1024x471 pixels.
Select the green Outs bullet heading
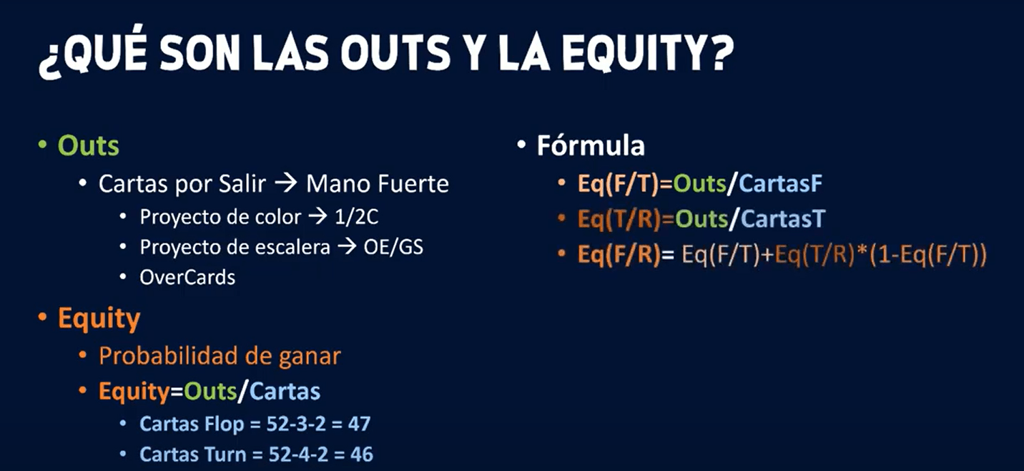(88, 146)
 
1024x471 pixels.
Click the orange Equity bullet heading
(99, 319)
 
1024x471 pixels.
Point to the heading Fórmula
(591, 146)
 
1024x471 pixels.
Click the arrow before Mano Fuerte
(285, 184)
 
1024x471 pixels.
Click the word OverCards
(187, 277)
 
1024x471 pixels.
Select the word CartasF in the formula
(780, 184)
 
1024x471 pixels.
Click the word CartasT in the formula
(782, 219)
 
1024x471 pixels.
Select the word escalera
(294, 247)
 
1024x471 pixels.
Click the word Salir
(244, 184)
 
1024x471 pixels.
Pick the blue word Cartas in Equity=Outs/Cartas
(286, 392)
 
